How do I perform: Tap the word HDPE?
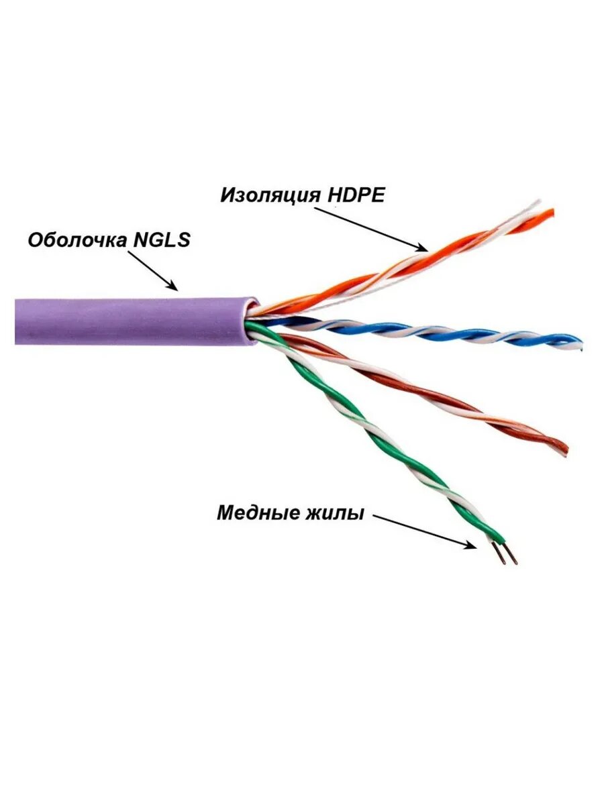point(356,195)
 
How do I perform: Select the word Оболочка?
point(76,240)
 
